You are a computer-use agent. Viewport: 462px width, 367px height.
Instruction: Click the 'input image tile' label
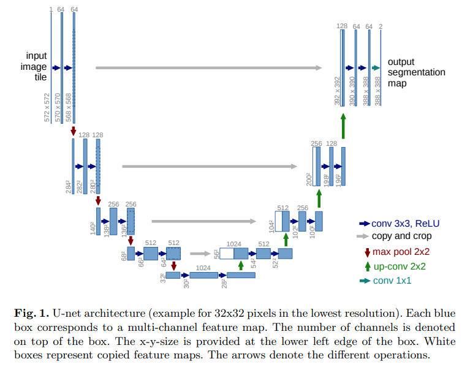click(x=36, y=66)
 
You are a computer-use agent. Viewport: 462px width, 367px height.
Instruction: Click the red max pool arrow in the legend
click(x=367, y=252)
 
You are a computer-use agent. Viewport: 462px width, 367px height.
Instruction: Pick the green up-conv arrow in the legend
click(x=367, y=266)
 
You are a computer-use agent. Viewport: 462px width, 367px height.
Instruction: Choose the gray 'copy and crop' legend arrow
click(x=364, y=236)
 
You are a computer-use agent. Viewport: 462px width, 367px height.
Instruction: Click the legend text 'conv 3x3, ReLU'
click(x=405, y=224)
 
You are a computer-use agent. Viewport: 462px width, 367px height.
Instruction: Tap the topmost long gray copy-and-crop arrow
click(x=209, y=68)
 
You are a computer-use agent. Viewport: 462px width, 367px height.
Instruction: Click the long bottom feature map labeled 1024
click(x=203, y=276)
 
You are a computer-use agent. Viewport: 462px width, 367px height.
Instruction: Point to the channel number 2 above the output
click(x=381, y=26)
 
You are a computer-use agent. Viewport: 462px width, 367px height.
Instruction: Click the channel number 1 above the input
click(x=51, y=9)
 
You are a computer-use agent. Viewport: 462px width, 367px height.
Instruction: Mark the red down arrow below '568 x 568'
click(x=74, y=131)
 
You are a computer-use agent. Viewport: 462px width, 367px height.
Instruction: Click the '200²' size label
click(x=309, y=178)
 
